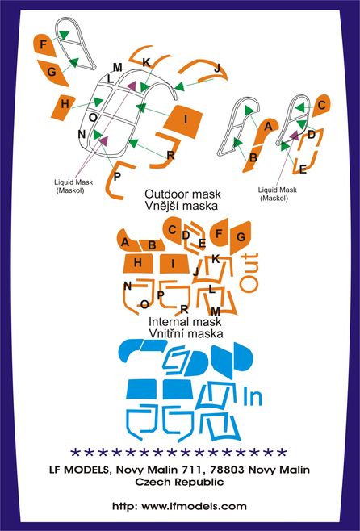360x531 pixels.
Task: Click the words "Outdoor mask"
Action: click(182, 194)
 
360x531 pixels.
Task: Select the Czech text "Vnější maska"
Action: click(182, 206)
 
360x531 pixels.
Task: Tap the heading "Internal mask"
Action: click(185, 321)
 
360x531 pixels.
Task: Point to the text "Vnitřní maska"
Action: click(186, 333)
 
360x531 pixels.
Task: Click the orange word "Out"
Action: click(249, 272)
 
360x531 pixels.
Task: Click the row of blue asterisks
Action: click(179, 452)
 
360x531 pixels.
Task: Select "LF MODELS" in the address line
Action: click(80, 470)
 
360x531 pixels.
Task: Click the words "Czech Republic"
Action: click(179, 482)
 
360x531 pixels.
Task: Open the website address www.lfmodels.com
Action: click(194, 507)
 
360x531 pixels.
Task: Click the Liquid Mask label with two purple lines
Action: click(73, 186)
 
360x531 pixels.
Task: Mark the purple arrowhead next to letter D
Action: click(295, 136)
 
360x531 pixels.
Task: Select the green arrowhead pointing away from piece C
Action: click(299, 107)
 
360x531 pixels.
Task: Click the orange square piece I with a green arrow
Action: click(183, 121)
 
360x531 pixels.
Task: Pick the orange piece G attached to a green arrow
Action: click(53, 73)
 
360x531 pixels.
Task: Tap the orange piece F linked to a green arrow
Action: click(44, 44)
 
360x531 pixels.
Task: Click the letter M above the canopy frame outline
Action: click(117, 68)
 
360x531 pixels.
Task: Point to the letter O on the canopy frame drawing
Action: click(93, 118)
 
